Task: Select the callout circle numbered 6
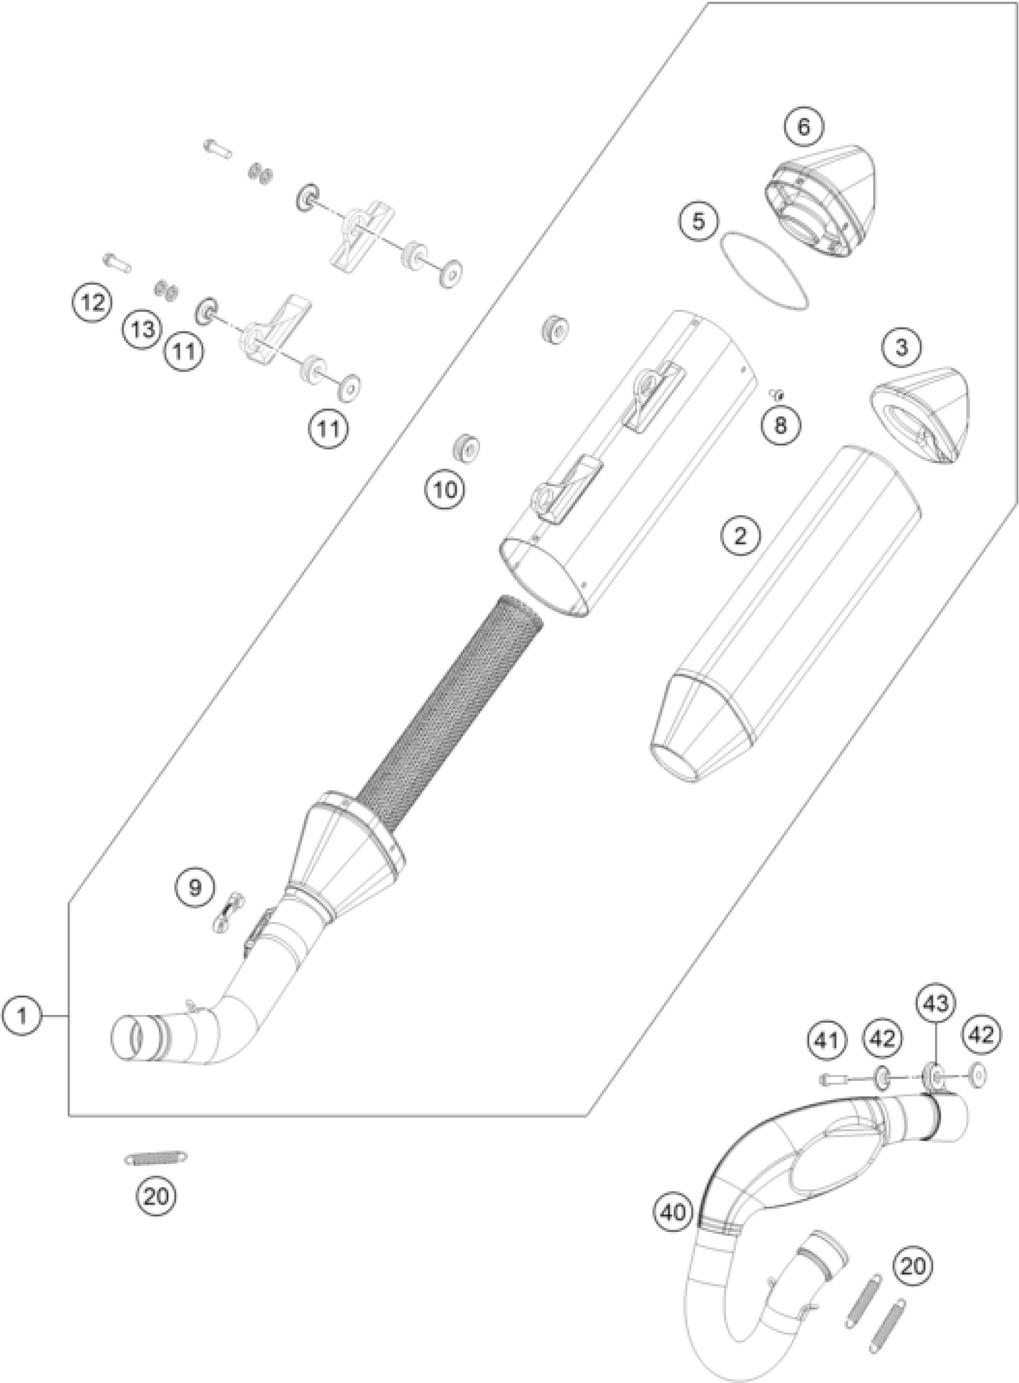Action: (x=803, y=127)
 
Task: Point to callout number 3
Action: (x=901, y=348)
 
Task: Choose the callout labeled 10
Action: (x=445, y=490)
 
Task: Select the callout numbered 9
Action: (x=195, y=888)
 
